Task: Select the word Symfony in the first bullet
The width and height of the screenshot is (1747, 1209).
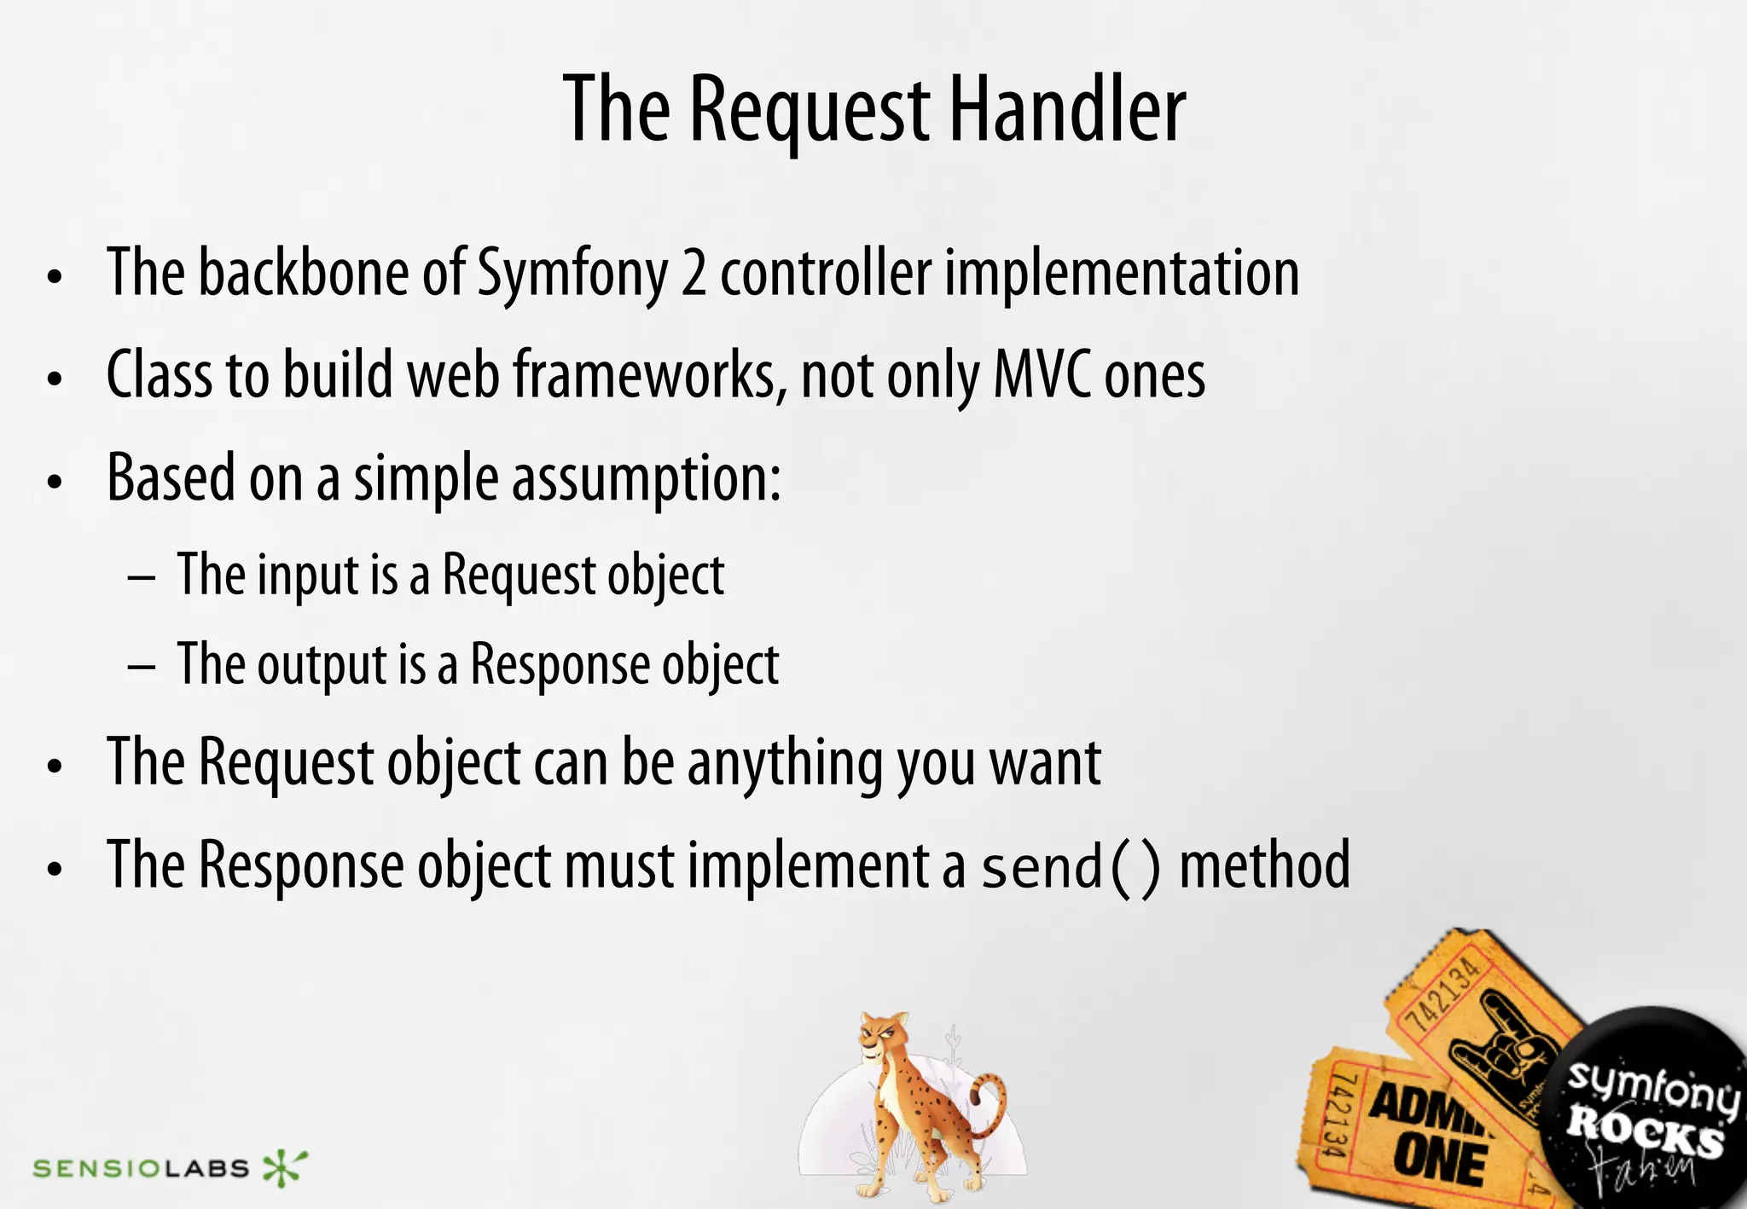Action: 572,275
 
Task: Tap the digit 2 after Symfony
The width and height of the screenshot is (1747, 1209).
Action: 694,275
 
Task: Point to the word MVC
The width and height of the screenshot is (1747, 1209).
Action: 1042,375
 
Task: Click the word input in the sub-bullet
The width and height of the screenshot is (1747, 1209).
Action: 308,576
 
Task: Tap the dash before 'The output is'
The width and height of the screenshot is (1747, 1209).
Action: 142,666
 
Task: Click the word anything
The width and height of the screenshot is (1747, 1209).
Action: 784,763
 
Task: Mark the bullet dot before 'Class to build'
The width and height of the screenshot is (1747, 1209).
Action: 55,379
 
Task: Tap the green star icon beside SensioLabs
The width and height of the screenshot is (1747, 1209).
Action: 283,1167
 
